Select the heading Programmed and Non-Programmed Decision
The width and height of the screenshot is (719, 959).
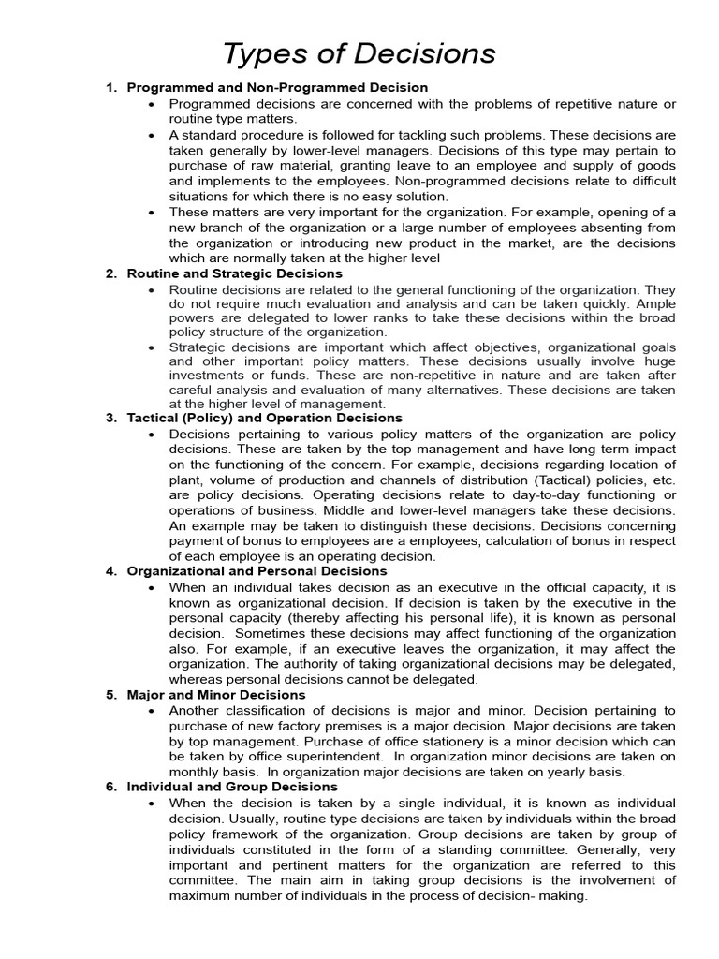[x=277, y=88]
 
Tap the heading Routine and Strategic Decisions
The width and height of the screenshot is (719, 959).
[x=234, y=273]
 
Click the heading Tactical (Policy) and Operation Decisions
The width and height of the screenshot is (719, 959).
[x=264, y=418]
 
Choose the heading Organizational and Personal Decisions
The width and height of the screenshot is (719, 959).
[x=258, y=570]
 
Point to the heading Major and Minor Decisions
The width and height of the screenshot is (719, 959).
[x=216, y=695]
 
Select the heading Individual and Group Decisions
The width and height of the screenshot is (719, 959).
[x=232, y=787]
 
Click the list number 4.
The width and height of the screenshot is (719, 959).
[x=110, y=570]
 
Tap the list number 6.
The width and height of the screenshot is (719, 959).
[x=110, y=787]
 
